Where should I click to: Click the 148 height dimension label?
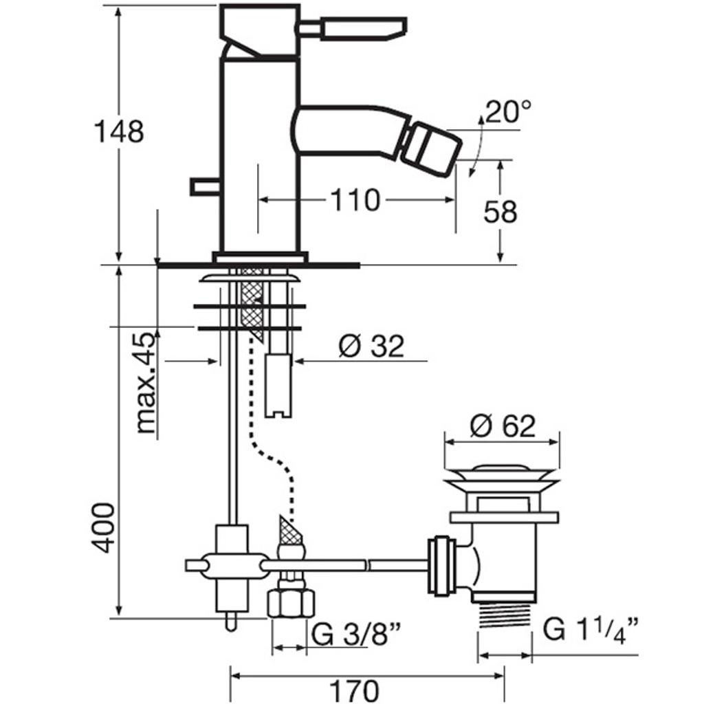click(x=118, y=131)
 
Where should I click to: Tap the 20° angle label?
click(x=508, y=111)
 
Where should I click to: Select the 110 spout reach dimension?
click(x=355, y=200)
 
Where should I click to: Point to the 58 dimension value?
click(x=500, y=212)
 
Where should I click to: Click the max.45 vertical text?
click(x=145, y=382)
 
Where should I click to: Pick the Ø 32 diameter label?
click(x=371, y=346)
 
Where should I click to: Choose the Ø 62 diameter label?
click(x=503, y=426)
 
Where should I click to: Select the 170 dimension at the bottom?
click(x=353, y=690)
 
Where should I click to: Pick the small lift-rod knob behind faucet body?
click(x=204, y=186)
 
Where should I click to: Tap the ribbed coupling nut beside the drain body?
click(x=439, y=565)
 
